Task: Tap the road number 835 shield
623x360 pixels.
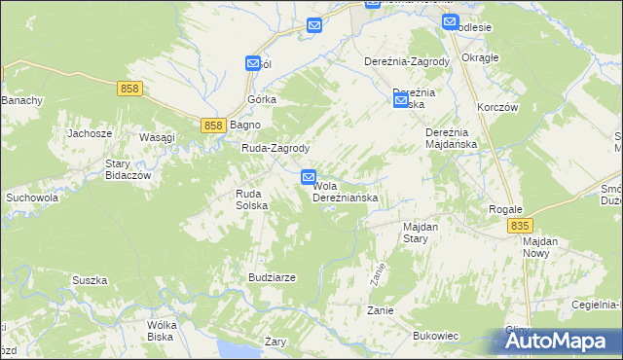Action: [x=520, y=226]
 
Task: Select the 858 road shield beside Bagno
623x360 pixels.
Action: [x=215, y=126]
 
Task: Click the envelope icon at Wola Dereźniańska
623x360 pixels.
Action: [x=309, y=177]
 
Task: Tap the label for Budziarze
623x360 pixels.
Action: [x=272, y=277]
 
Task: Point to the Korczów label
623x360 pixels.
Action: [x=495, y=107]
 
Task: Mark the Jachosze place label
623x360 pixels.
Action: [x=89, y=133]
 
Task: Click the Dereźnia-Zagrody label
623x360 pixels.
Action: [x=407, y=61]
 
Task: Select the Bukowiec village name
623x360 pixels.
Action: [x=435, y=336]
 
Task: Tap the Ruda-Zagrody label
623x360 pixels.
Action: [x=275, y=149]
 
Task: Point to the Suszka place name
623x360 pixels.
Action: [x=89, y=280]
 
